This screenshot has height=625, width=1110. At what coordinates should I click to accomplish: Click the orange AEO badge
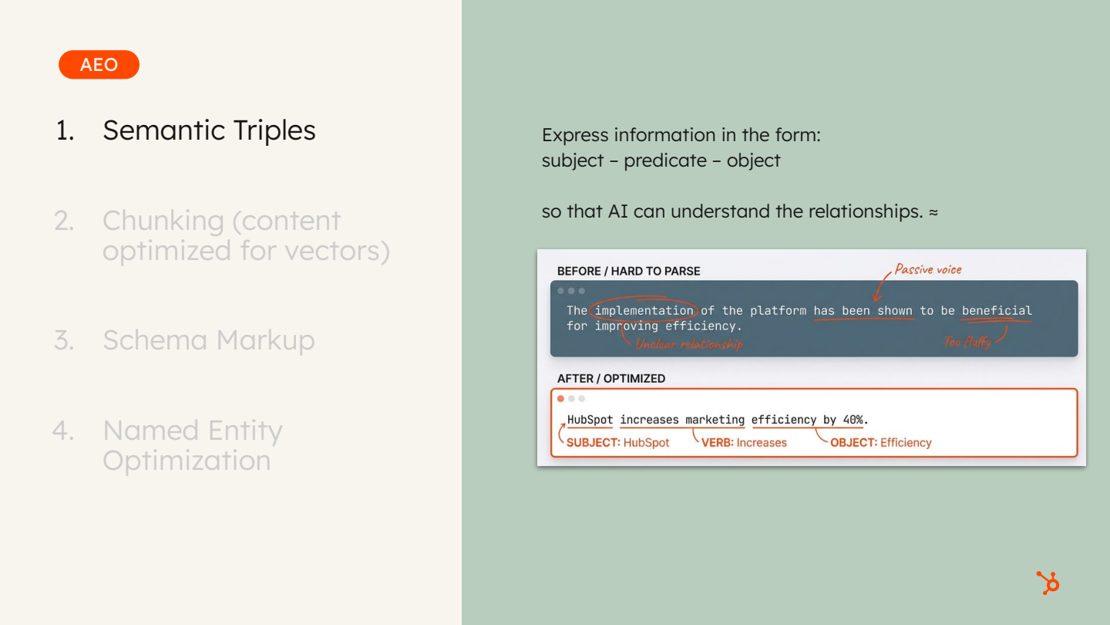coord(99,65)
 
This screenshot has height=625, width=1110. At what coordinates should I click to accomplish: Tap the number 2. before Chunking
coord(65,221)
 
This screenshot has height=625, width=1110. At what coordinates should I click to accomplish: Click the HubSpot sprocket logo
coord(1048,583)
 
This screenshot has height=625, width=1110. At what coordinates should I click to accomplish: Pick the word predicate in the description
coord(665,160)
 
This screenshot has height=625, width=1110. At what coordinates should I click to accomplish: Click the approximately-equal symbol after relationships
coord(933,211)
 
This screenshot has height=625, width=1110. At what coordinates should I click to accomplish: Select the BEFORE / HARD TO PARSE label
coord(628,271)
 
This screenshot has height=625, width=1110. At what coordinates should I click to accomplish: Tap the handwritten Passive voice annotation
coord(927,269)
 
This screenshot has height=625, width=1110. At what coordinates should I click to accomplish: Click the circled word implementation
coord(644,310)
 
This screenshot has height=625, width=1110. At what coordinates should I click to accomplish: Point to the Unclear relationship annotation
coord(688,344)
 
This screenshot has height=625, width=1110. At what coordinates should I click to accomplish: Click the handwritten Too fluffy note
coord(968,342)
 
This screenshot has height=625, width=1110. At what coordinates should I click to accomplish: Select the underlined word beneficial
coord(996,310)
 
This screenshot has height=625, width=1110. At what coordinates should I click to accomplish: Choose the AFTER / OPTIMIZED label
coord(610,378)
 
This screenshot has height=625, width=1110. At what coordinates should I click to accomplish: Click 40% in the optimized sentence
coord(854,420)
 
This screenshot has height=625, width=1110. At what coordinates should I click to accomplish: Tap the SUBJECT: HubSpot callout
coord(617,443)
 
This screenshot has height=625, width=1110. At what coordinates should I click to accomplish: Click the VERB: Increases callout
coord(744,443)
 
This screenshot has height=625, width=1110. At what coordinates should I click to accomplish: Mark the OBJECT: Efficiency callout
coord(880,443)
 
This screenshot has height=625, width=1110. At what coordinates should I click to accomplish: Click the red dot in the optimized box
coord(560,399)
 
